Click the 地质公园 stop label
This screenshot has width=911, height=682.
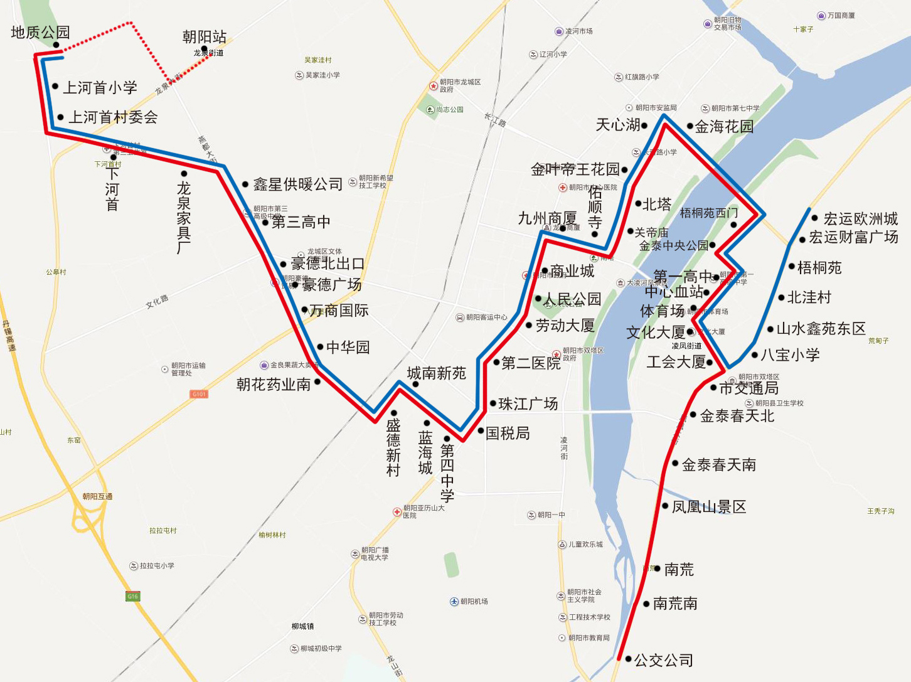pos(40,32)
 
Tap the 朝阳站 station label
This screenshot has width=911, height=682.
pos(205,37)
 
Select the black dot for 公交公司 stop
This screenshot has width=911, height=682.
pos(628,659)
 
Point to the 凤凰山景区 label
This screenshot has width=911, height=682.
pos(709,507)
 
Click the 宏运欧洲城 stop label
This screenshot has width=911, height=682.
pos(860,219)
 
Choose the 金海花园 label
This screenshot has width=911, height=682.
pos(724,127)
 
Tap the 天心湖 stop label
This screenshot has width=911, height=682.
pos(618,125)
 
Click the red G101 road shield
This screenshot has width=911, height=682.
pos(199,394)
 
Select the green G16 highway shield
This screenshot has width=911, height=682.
pos(132,596)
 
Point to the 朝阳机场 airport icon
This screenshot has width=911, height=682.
pos(454,602)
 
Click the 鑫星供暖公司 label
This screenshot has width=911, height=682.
pos(298,184)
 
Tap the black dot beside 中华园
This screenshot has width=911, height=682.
pos(320,347)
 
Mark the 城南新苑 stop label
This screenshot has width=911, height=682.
pos(437,373)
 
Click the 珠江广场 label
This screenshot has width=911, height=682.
pos(528,404)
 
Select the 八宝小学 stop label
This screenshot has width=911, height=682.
pos(790,355)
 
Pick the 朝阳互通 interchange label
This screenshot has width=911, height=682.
pos(97,496)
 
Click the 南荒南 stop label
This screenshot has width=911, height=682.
pos(675,604)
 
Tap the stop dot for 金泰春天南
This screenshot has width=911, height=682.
pos(675,464)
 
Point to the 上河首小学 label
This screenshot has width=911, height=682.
pos(100,87)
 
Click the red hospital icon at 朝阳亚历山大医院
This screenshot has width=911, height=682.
pos(397,512)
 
